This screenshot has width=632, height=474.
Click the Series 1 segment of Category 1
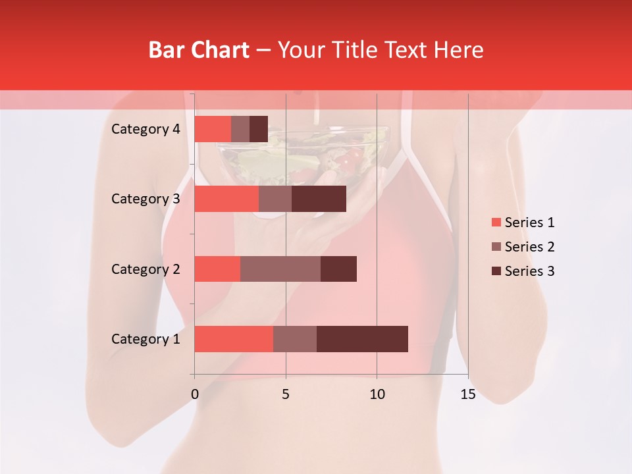point(234,339)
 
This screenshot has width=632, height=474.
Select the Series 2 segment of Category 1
point(295,339)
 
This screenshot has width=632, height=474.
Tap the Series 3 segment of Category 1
point(362,339)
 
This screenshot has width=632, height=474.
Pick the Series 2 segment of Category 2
point(280,269)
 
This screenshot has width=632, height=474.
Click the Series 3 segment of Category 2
point(338,269)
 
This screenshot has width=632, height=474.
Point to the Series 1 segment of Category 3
point(226,199)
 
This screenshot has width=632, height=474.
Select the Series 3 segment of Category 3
point(319,199)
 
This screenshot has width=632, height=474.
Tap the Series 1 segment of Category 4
point(213,129)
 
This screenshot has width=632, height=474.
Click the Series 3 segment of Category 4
point(259,129)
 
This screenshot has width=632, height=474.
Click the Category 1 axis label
point(145,339)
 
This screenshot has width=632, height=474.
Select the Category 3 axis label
point(145,199)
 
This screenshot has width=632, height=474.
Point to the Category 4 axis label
point(145,129)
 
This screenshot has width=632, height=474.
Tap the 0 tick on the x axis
point(195,394)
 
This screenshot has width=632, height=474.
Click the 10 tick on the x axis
point(377,394)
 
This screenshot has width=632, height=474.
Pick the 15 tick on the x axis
point(468,394)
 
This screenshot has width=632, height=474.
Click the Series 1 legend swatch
point(496,223)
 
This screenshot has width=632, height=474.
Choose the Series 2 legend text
point(530,247)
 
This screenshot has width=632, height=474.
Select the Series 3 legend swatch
point(496,271)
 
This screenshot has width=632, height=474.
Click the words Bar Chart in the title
point(199,50)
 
